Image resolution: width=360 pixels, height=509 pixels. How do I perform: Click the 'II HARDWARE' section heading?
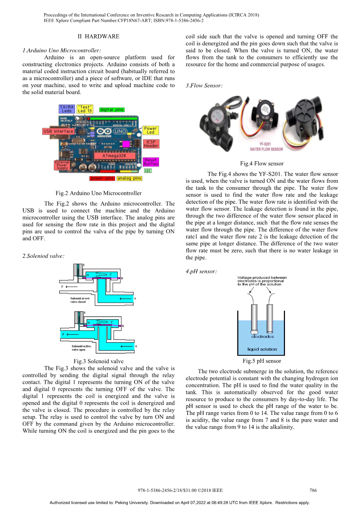pyautogui.click(x=98, y=37)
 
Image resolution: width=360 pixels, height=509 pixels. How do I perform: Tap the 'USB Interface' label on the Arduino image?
pyautogui.click(x=58, y=131)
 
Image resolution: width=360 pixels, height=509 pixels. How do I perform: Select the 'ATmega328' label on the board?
pyautogui.click(x=114, y=156)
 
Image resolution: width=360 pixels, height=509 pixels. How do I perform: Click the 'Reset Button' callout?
pyautogui.click(x=150, y=162)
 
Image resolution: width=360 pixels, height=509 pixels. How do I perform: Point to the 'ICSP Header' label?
pyautogui.click(x=151, y=144)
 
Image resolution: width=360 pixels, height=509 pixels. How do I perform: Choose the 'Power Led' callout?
pyautogui.click(x=150, y=130)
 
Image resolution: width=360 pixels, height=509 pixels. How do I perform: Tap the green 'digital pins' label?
pyautogui.click(x=112, y=110)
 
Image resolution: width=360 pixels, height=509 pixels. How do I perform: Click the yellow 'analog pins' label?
pyautogui.click(x=129, y=178)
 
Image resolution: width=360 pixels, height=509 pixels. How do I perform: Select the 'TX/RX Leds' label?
pyautogui.click(x=67, y=109)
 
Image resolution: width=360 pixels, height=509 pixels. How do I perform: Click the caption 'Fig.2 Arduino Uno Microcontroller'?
pyautogui.click(x=98, y=193)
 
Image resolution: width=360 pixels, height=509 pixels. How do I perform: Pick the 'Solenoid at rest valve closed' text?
pyautogui.click(x=80, y=300)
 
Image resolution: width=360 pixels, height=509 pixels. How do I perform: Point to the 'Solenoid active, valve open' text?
pyautogui.click(x=81, y=348)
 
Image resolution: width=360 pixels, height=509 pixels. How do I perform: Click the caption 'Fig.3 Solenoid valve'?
pyautogui.click(x=98, y=361)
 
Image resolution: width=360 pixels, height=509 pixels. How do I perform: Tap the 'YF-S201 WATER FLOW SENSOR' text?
pyautogui.click(x=266, y=147)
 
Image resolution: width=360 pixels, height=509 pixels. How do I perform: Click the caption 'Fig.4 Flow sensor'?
pyautogui.click(x=262, y=164)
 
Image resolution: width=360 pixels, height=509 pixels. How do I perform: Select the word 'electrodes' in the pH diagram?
pyautogui.click(x=262, y=336)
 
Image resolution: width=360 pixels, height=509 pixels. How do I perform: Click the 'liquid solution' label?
pyautogui.click(x=262, y=349)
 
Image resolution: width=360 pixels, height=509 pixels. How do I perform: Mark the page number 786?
pyautogui.click(x=313, y=490)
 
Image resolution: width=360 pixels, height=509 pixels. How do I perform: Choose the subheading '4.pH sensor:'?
pyautogui.click(x=201, y=271)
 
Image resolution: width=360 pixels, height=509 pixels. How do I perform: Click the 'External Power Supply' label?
pyautogui.click(x=62, y=165)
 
